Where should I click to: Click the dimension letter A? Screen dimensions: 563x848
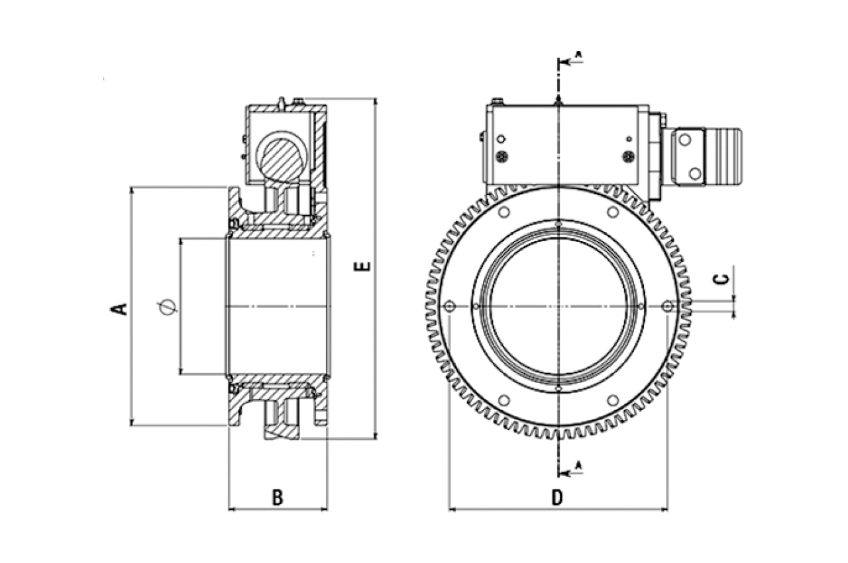(x=121, y=308)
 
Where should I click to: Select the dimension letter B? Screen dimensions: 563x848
(x=278, y=497)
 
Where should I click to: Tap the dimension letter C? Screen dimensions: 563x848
(x=723, y=278)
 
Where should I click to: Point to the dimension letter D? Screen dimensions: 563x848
(x=557, y=498)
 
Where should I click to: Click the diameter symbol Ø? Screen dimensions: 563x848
(x=168, y=307)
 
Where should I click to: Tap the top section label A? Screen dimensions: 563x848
(x=578, y=54)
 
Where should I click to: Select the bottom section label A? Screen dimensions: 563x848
(x=578, y=465)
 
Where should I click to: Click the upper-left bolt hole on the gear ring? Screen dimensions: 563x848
(x=503, y=212)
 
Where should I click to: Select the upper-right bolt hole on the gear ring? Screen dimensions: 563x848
(x=613, y=212)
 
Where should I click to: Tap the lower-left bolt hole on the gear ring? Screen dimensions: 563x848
(x=503, y=400)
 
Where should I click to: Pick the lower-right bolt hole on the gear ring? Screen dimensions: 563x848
(x=613, y=400)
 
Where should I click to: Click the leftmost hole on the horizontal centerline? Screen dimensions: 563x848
(x=450, y=306)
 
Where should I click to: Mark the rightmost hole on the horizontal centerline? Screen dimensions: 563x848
(x=667, y=306)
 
